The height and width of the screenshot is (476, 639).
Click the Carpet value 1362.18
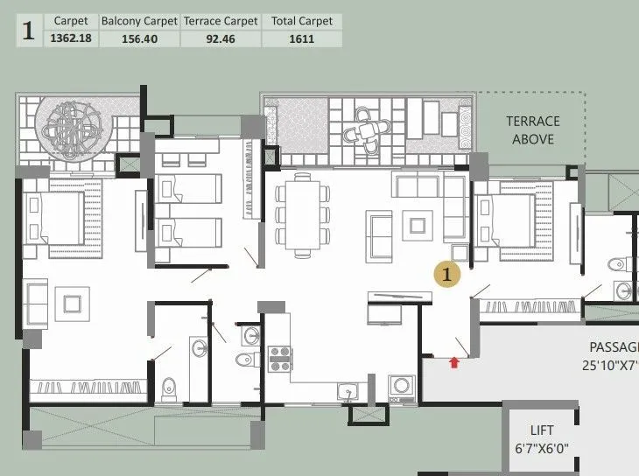71,38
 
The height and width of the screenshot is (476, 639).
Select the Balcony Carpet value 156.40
139,38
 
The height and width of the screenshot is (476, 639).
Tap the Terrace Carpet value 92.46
221,38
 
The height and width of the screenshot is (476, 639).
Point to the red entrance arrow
453,360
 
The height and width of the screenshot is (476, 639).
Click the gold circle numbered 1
448,274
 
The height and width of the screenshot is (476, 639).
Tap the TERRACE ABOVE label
533,129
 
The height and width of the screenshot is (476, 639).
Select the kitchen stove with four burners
279,359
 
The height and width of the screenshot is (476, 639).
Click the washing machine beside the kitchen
402,387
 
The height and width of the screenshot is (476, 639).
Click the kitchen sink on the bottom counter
343,390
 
